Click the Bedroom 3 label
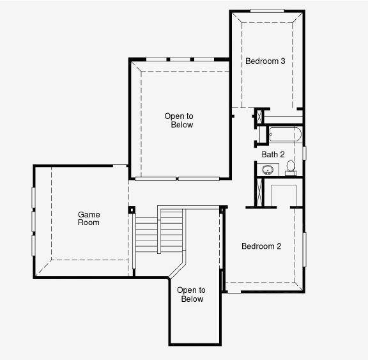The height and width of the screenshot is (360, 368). pos(265,61)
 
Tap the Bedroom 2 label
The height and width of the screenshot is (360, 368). pos(261,246)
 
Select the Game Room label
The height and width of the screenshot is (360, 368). pos(89,219)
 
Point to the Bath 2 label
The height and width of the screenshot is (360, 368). pos(273,154)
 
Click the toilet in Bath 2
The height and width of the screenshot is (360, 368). pos(291,168)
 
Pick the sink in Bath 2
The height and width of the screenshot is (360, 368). pos(267,169)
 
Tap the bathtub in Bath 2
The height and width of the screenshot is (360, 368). pos(285,134)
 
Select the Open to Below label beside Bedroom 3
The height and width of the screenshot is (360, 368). pos(179,120)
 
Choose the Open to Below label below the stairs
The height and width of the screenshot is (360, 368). pos(191,295)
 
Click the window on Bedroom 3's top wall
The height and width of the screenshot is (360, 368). pos(267,11)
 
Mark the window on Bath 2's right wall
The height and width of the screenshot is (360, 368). pos(304,153)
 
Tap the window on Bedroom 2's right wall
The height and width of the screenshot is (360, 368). pos(304,249)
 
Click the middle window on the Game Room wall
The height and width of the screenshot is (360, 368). pos(34,221)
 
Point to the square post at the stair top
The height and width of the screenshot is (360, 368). pos(132,210)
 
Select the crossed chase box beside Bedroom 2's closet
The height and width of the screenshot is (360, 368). pos(259,192)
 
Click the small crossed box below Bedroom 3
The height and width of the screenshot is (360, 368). pos(259,116)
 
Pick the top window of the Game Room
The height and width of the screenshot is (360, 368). pos(34,198)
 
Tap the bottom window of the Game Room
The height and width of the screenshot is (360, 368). pos(34,246)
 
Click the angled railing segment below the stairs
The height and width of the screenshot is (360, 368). pos(177,270)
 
